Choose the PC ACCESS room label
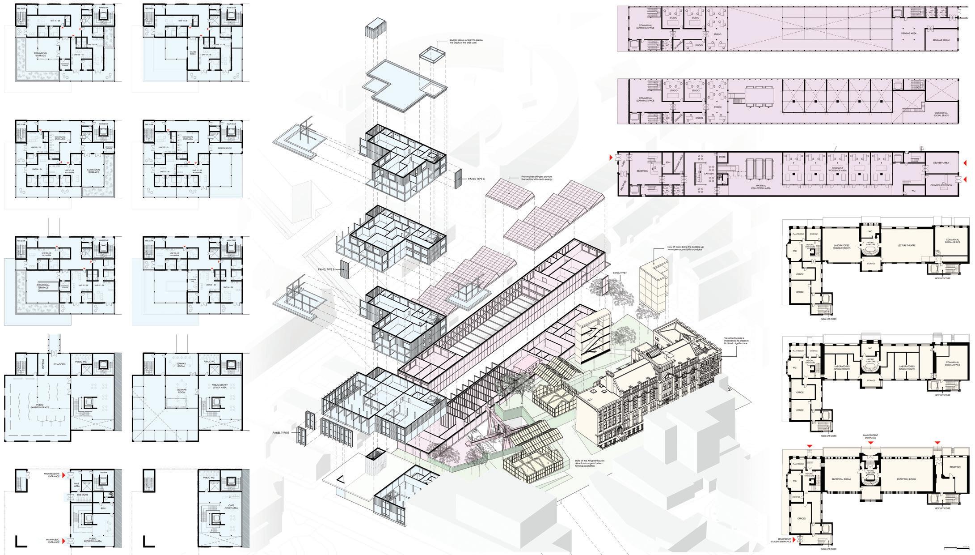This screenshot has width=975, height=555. tap(59, 364)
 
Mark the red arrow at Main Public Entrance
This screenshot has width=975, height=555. tap(63, 542)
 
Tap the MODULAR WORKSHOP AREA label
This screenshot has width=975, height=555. tap(837, 171)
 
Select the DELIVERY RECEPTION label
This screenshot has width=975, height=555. tap(941, 184)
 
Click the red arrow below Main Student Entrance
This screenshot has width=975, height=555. tap(870, 443)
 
